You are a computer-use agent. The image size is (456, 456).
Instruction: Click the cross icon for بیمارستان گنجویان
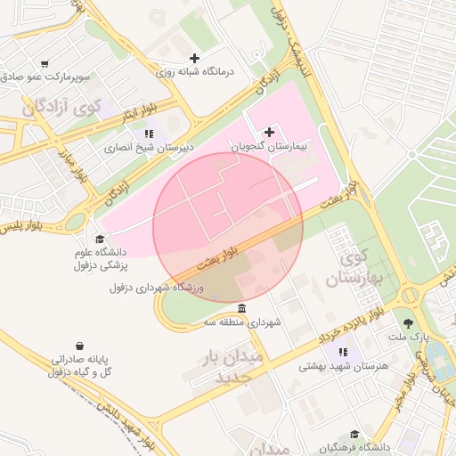(x=270, y=132)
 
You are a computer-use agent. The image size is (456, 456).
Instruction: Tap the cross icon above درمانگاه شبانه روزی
(x=195, y=59)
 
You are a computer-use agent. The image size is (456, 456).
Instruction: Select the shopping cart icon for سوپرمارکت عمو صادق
(x=45, y=64)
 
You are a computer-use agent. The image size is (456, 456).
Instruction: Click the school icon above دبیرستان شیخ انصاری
(x=149, y=134)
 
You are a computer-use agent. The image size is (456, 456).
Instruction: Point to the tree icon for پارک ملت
(x=409, y=324)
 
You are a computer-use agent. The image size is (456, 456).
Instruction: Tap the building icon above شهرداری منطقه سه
(x=243, y=308)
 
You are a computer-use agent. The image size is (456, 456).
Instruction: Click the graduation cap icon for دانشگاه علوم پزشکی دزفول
(x=100, y=239)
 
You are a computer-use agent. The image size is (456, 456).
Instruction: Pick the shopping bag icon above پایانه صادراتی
(x=80, y=345)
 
